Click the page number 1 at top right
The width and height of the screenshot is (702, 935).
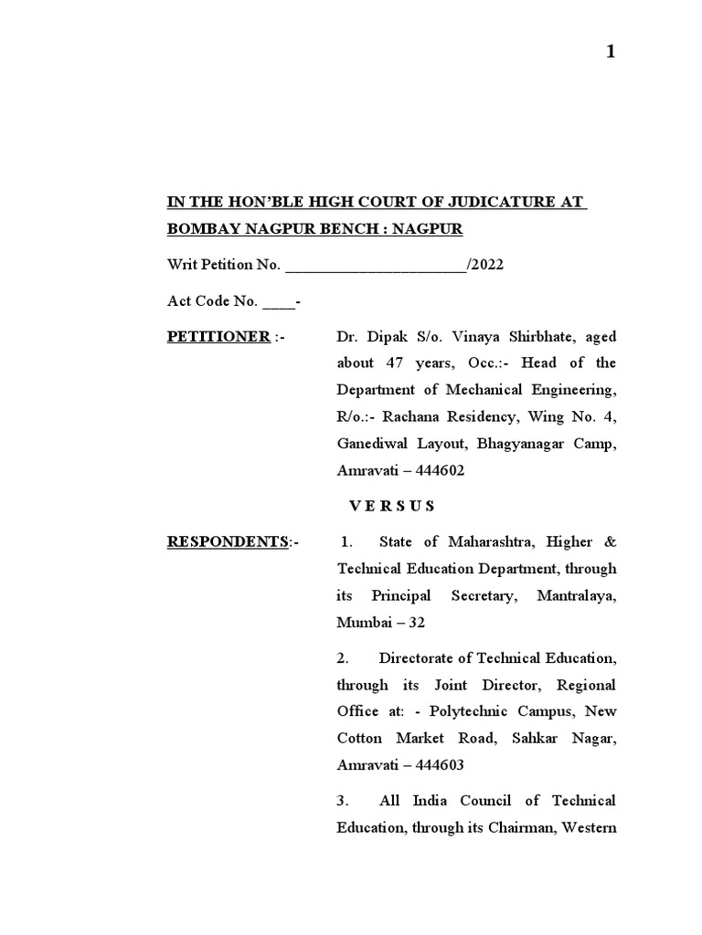611,52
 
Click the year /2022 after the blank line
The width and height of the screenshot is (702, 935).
484,265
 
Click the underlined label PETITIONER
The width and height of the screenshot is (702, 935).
218,337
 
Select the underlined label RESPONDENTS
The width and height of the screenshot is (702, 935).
227,542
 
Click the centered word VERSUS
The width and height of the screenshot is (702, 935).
392,506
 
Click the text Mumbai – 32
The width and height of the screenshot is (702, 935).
381,623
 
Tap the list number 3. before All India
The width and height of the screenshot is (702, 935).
344,801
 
